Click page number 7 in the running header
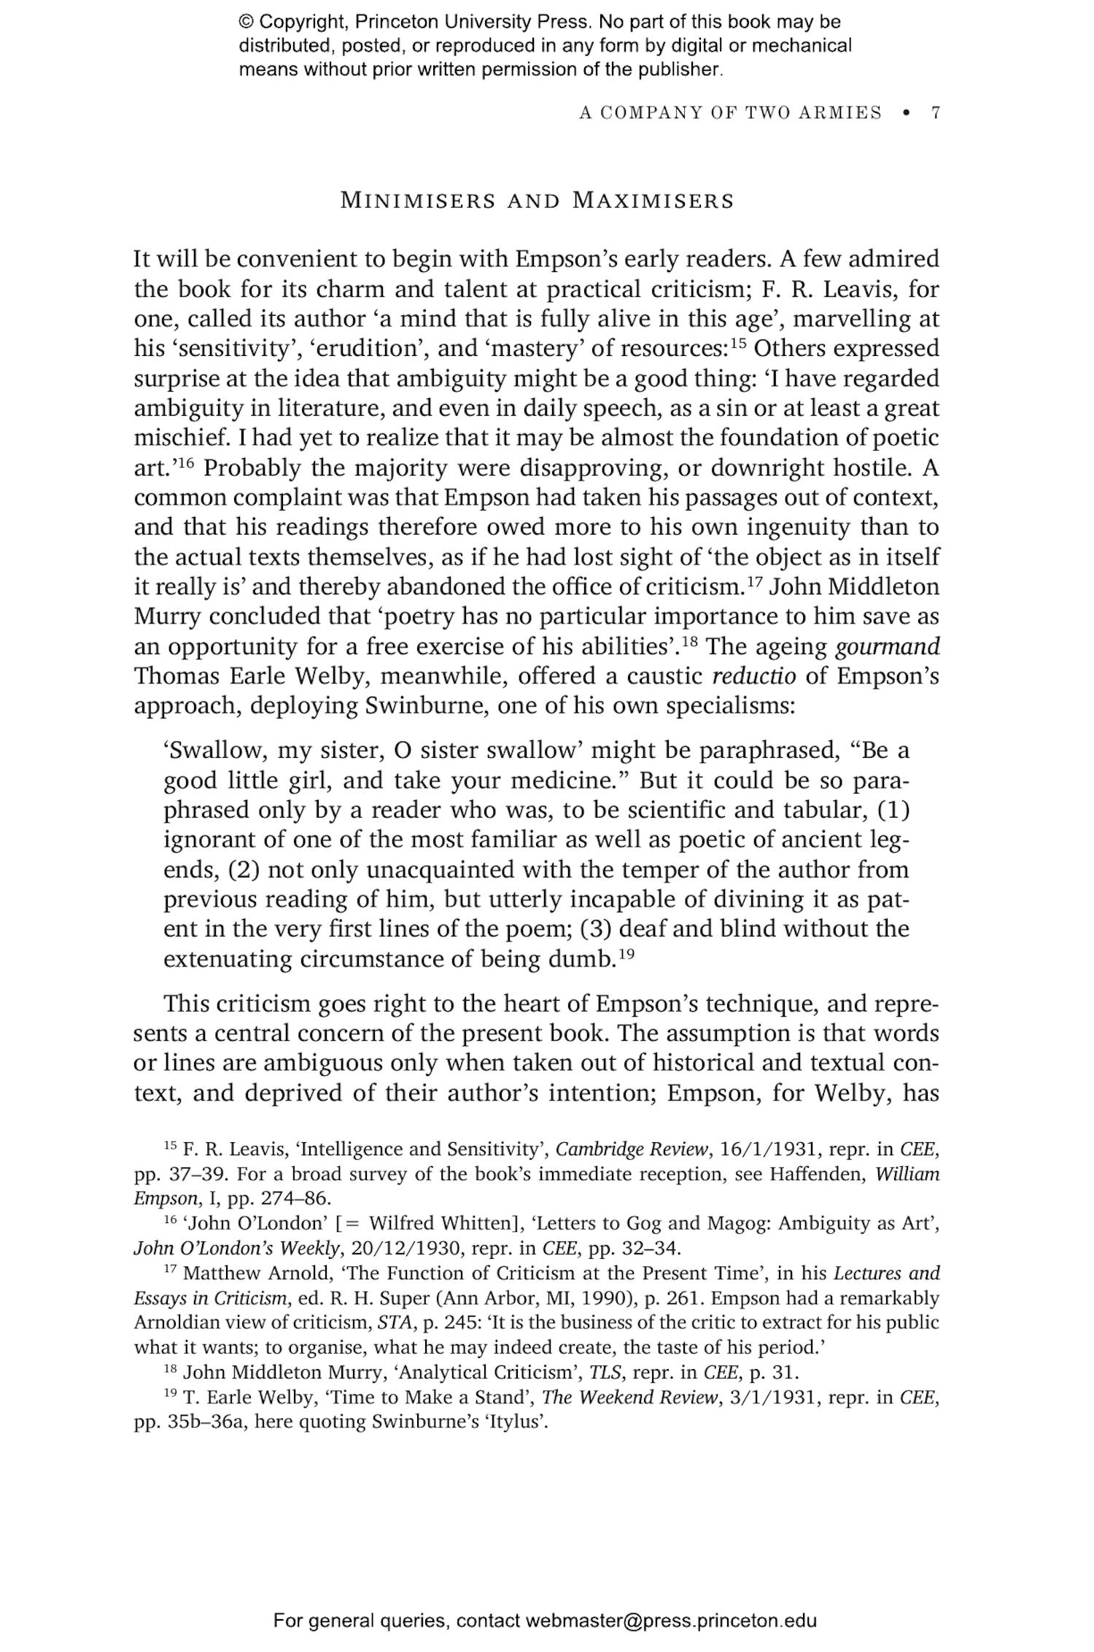point(935,113)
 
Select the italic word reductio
point(754,676)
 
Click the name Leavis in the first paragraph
point(864,290)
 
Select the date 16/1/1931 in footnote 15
point(772,1150)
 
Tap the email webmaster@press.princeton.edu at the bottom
point(670,1621)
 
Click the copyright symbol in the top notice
point(246,23)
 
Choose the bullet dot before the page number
point(907,113)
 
